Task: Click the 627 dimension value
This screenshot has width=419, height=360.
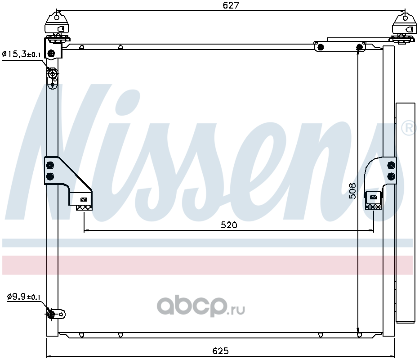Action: [x=231, y=5]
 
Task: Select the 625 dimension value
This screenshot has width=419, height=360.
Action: [x=220, y=351]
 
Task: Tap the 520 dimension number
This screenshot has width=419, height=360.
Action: [x=229, y=225]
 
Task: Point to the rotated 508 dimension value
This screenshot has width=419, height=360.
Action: [x=352, y=191]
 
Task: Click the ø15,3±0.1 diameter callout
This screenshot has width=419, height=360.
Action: [x=21, y=54]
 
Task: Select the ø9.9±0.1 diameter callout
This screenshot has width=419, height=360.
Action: [x=23, y=297]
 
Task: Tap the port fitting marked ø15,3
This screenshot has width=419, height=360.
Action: [x=52, y=73]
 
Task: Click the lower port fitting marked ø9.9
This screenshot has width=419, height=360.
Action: [x=51, y=315]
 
